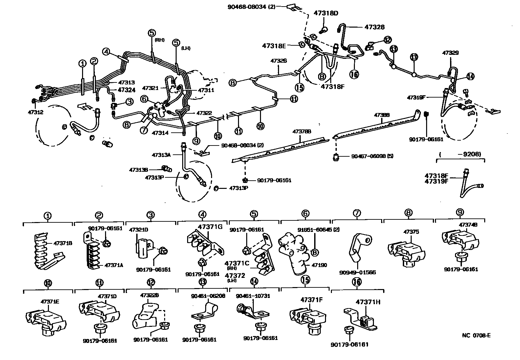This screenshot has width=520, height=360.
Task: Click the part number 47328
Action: tap(374, 28)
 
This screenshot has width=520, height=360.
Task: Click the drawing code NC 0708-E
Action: tap(476, 335)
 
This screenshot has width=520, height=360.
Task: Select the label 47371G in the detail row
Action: tap(210, 227)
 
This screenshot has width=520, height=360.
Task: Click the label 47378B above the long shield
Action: tap(302, 131)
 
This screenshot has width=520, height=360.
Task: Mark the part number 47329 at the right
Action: tap(450, 53)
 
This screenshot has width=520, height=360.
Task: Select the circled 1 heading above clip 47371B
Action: tap(48, 216)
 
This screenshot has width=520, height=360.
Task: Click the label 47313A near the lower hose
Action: tap(161, 155)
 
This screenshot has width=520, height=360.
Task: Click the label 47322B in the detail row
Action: tap(150, 295)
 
